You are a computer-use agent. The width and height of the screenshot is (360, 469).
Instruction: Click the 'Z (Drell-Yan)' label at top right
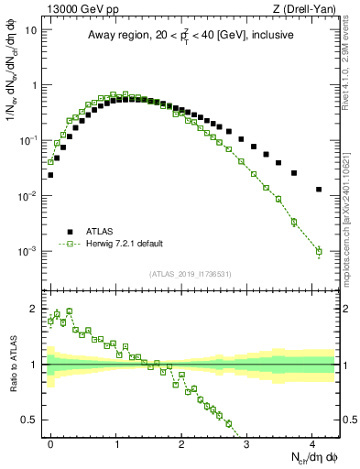[308, 7]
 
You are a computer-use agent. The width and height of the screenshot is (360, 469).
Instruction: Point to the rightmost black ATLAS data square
[319, 190]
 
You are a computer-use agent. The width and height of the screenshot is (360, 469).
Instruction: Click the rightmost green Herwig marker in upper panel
[319, 251]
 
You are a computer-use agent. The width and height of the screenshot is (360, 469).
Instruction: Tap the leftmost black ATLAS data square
[50, 174]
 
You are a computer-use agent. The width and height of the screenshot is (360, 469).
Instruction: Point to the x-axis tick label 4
[313, 442]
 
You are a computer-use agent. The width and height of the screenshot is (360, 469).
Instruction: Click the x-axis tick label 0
[50, 442]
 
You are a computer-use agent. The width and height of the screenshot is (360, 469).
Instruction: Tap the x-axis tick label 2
[182, 442]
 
